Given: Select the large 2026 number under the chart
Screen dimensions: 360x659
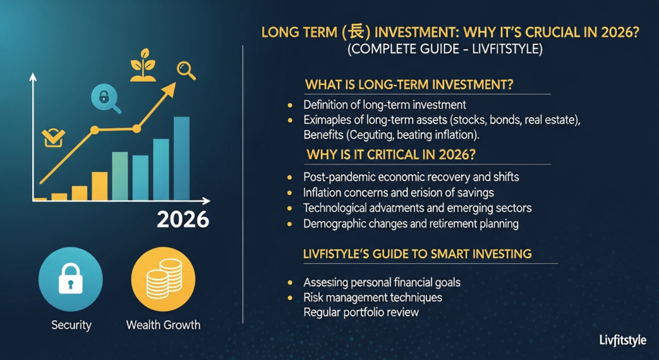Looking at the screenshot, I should (x=183, y=219).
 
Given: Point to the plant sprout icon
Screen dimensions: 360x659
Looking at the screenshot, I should (x=143, y=64).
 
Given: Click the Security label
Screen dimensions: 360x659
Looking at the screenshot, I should (x=71, y=325).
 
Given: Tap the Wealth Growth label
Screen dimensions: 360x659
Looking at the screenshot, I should (x=163, y=325).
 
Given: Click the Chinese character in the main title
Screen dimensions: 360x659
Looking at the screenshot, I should (x=351, y=32).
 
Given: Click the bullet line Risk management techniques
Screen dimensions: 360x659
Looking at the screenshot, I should (x=373, y=298).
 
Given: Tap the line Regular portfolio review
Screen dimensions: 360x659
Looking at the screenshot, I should (x=361, y=312).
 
